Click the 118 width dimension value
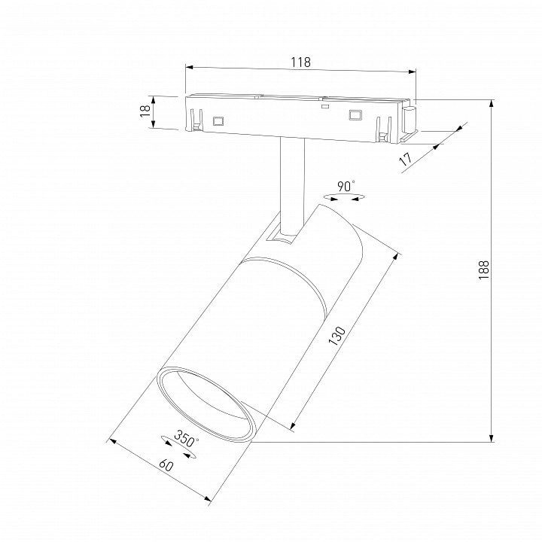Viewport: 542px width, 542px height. [x=300, y=62]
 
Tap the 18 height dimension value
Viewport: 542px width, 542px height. [x=145, y=111]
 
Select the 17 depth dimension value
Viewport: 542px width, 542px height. [x=406, y=159]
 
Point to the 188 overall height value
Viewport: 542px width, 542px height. [x=484, y=270]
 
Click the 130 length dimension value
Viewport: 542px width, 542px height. [x=336, y=335]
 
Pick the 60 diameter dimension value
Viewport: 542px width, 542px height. [x=166, y=465]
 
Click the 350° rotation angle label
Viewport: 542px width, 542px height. [x=186, y=438]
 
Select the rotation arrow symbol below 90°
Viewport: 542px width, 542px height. [x=344, y=198]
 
